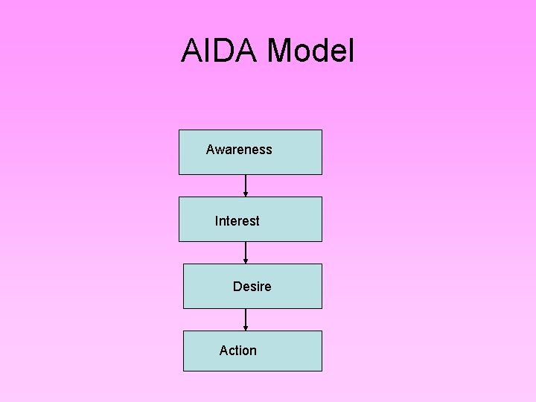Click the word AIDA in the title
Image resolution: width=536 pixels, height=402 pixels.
(x=220, y=51)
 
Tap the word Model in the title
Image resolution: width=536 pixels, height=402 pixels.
(x=311, y=51)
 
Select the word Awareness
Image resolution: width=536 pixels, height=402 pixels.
(x=239, y=150)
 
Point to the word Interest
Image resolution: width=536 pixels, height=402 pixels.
(x=237, y=221)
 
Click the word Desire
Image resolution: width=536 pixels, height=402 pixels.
(x=252, y=287)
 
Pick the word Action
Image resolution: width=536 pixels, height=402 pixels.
(x=237, y=351)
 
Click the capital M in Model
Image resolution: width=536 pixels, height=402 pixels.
(x=281, y=51)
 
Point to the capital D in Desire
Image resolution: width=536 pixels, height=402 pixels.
(x=237, y=287)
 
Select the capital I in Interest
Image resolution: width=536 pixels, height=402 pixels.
(x=217, y=221)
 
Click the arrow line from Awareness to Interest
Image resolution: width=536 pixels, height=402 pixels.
(x=246, y=183)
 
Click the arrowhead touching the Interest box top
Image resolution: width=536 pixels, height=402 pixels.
(x=246, y=194)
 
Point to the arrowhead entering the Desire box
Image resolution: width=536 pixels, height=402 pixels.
(x=246, y=261)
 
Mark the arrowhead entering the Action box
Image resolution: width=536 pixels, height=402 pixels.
(x=246, y=328)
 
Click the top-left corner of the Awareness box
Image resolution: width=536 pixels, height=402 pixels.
(x=179, y=130)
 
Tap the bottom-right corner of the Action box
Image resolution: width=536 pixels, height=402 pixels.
(x=322, y=371)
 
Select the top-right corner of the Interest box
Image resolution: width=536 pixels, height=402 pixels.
(x=322, y=197)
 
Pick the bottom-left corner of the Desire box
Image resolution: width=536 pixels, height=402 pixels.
(x=184, y=308)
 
